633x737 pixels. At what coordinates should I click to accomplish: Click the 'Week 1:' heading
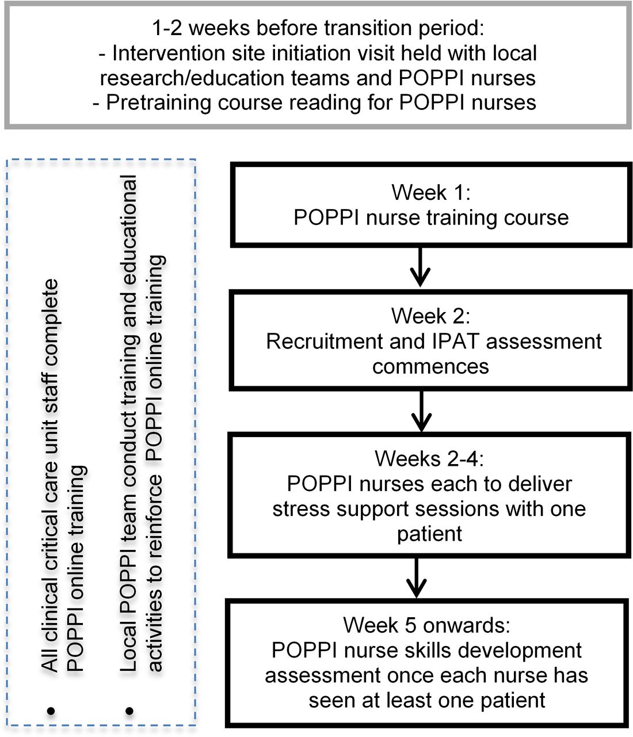click(431, 192)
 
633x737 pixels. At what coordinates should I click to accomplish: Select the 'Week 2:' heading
click(430, 316)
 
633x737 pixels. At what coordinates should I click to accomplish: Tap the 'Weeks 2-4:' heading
click(429, 458)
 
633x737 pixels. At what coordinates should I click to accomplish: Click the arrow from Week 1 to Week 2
click(420, 267)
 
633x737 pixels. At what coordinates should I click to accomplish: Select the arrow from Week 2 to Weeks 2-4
click(421, 411)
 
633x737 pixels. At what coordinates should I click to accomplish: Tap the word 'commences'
click(430, 367)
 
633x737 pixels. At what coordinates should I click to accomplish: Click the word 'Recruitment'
click(325, 341)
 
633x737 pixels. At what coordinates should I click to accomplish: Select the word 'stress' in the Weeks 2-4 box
click(301, 509)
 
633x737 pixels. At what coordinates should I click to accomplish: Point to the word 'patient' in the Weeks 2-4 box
click(429, 534)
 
